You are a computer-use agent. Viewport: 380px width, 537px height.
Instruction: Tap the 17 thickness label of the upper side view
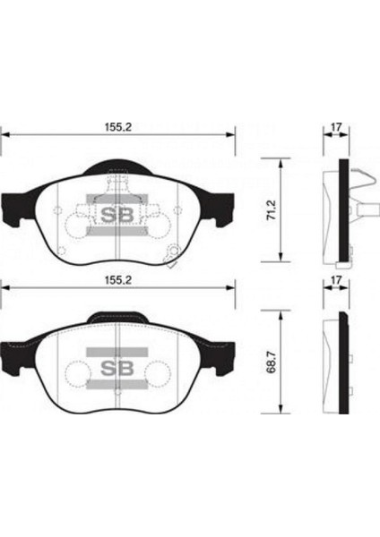[335, 128]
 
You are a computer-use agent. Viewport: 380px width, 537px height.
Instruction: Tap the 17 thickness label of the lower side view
[335, 279]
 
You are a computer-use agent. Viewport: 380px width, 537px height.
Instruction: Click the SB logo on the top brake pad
[113, 214]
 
